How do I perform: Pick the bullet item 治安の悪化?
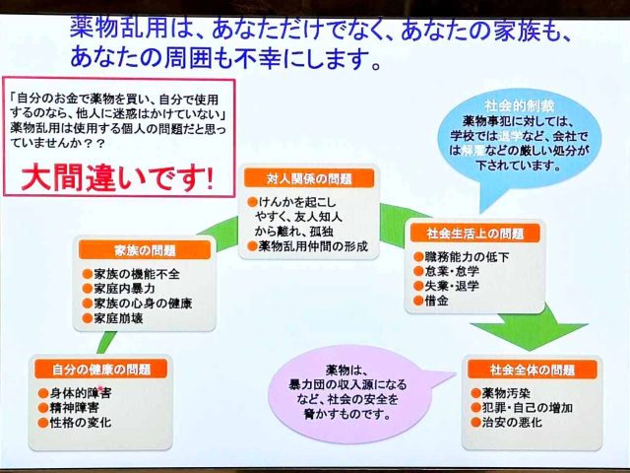tap(507, 425)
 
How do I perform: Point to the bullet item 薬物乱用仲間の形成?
tap(314, 246)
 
